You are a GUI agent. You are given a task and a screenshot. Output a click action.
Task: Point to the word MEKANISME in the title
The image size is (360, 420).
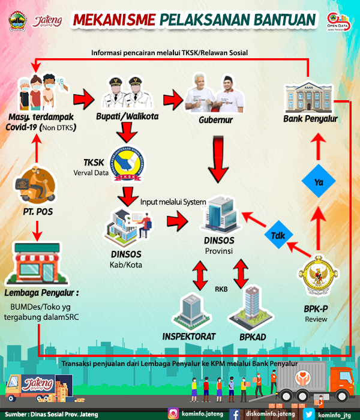pos(115,20)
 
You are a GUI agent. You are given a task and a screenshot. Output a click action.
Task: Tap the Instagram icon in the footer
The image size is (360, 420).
pos(173,413)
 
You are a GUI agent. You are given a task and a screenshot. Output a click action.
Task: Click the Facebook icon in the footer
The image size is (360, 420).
pos(235,413)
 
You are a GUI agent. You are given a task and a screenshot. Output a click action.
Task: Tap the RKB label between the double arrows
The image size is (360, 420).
pos(221,289)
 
